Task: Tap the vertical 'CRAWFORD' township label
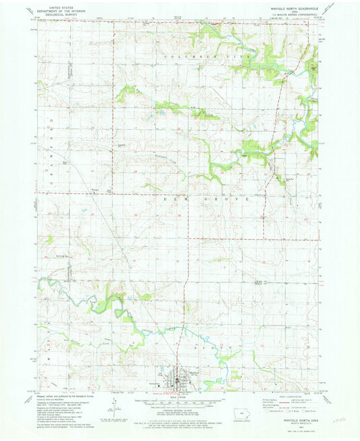point(52,156)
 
